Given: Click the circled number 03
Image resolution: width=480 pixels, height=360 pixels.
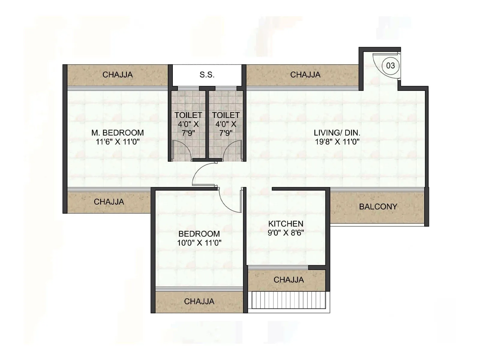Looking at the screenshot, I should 390,65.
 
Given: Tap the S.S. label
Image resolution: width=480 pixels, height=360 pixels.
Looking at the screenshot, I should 207,75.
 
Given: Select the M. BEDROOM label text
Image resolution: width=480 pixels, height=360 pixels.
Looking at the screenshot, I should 118,133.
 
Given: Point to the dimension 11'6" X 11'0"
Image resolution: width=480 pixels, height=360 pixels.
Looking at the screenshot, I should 118,142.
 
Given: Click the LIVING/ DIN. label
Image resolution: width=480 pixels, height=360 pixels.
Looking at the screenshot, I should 337,133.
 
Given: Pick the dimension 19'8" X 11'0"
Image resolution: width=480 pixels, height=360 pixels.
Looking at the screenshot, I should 337,142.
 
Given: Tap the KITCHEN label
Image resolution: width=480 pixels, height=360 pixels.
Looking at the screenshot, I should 286,223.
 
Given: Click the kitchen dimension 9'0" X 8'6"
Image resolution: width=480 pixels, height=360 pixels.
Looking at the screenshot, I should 286,232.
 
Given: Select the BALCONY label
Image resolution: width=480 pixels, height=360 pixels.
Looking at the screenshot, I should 378,206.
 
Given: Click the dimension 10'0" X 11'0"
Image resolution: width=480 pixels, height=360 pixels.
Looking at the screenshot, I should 199,243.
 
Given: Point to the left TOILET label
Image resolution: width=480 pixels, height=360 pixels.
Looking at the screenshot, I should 188,115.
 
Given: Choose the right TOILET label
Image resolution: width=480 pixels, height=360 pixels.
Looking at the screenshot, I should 226,115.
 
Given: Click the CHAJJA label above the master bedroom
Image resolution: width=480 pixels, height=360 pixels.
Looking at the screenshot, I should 118,75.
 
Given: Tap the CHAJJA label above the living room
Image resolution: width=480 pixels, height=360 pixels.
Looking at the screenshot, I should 305,75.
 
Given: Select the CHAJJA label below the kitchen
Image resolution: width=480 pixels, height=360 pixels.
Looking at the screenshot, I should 289,280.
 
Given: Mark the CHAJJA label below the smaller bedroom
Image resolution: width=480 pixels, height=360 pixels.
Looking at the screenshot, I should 199,301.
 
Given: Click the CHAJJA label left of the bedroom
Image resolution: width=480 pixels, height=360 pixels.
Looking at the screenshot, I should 109,202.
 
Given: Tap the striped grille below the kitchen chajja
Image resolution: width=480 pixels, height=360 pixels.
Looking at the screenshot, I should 289,300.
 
